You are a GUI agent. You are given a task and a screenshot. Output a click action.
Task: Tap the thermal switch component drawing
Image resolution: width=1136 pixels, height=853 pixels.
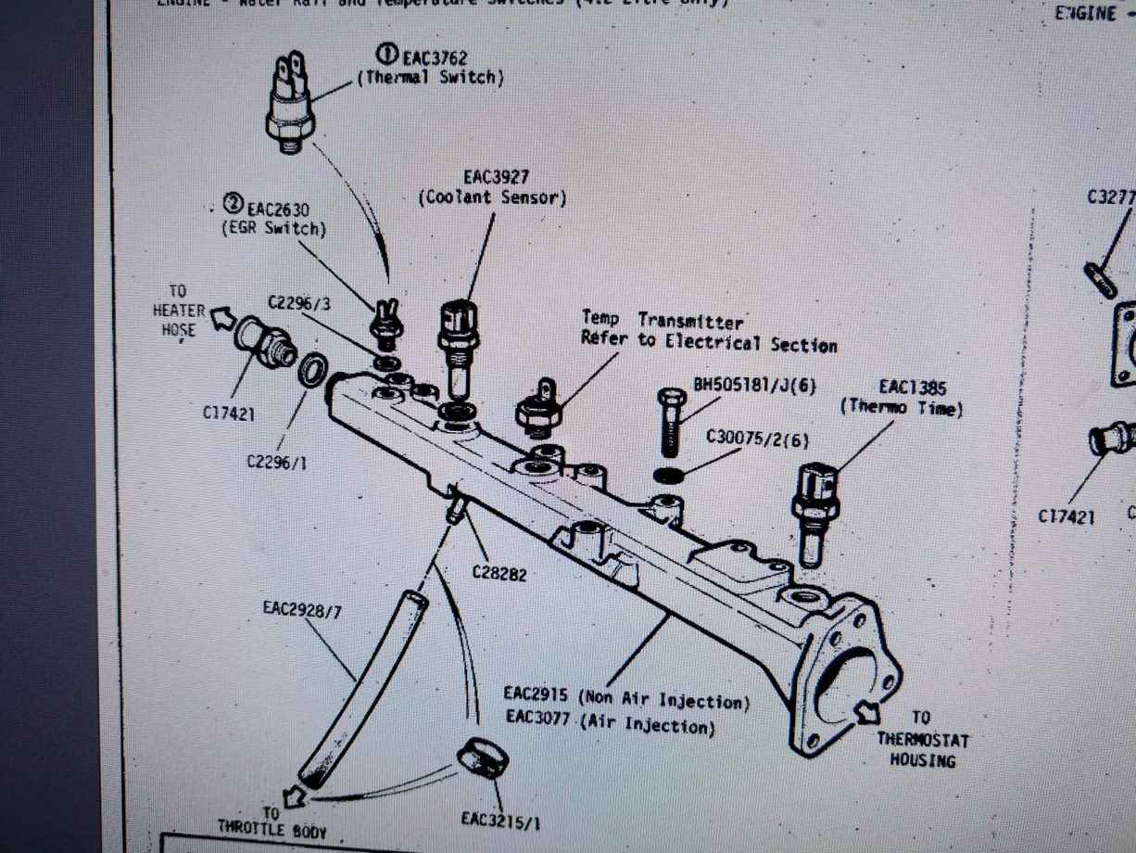290,104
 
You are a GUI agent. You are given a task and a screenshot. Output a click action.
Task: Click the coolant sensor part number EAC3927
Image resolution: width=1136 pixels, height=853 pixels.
497,176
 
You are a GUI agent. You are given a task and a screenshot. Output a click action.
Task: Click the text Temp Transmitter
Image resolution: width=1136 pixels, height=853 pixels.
662,321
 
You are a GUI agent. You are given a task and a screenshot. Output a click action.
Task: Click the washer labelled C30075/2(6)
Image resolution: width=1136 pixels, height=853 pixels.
669,476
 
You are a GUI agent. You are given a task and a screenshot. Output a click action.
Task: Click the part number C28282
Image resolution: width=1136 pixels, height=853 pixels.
499,573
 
